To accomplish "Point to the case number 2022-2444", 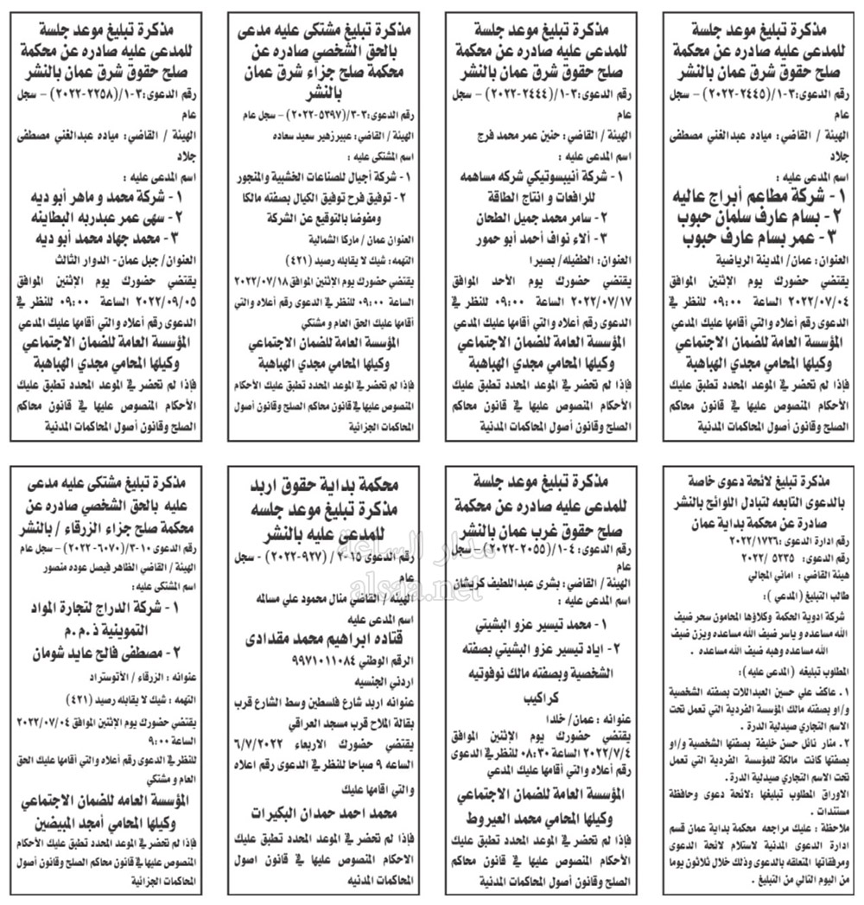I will point(530,92).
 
